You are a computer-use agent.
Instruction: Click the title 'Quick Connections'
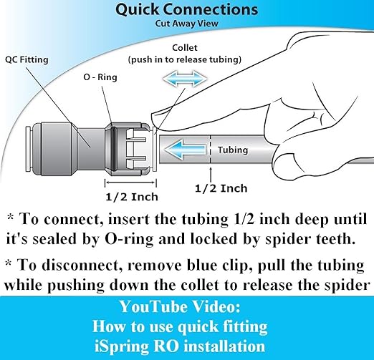pos(186,9)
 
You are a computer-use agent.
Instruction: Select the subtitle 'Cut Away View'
pos(187,24)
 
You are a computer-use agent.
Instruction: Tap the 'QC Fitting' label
pos(27,59)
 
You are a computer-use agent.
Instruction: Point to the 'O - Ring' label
pos(100,77)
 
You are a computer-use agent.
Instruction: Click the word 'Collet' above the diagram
pos(185,48)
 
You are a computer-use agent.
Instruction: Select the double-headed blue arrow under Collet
pos(185,79)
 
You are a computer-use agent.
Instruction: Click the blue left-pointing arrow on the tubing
pos(185,150)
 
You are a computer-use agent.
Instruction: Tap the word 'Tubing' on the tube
pos(233,150)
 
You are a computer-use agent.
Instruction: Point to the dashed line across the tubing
pos(211,149)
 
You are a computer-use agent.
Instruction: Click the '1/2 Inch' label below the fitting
pos(132,197)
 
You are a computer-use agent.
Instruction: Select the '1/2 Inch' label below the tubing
pos(221,188)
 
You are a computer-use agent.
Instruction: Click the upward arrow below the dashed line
pos(211,175)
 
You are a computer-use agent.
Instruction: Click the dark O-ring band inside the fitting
pos(114,149)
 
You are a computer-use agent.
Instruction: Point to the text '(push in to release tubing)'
pos(185,59)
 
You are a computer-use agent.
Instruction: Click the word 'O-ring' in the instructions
pos(129,239)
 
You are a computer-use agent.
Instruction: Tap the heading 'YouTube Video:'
pos(180,307)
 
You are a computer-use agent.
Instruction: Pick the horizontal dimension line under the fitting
pos(130,183)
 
